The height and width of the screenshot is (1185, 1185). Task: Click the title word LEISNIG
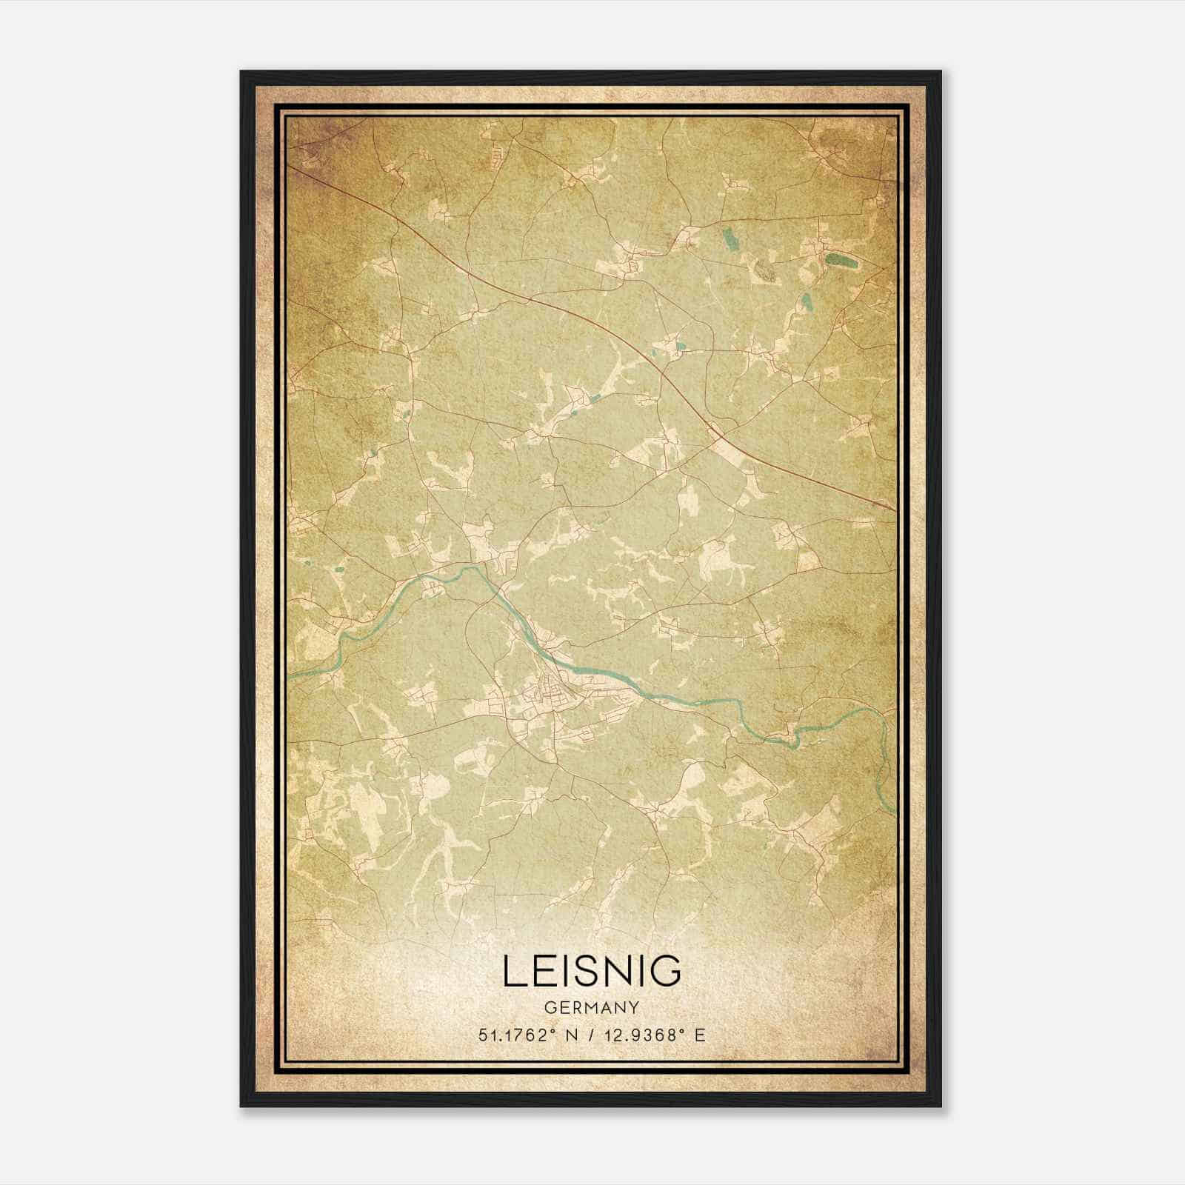pyautogui.click(x=592, y=971)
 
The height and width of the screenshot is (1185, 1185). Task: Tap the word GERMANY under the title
pyautogui.click(x=592, y=1008)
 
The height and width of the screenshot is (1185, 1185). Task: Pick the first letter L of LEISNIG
pyautogui.click(x=513, y=971)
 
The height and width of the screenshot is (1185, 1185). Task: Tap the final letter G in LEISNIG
pyautogui.click(x=667, y=971)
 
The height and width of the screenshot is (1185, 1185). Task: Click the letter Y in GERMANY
pyautogui.click(x=634, y=1008)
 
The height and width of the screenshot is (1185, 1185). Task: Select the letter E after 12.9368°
pyautogui.click(x=700, y=1035)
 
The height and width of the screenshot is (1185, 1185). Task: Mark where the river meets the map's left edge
pyautogui.click(x=290, y=676)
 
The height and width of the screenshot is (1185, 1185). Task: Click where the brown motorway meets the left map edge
pyautogui.click(x=290, y=166)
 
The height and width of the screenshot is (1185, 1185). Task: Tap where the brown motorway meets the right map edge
pyautogui.click(x=895, y=509)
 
